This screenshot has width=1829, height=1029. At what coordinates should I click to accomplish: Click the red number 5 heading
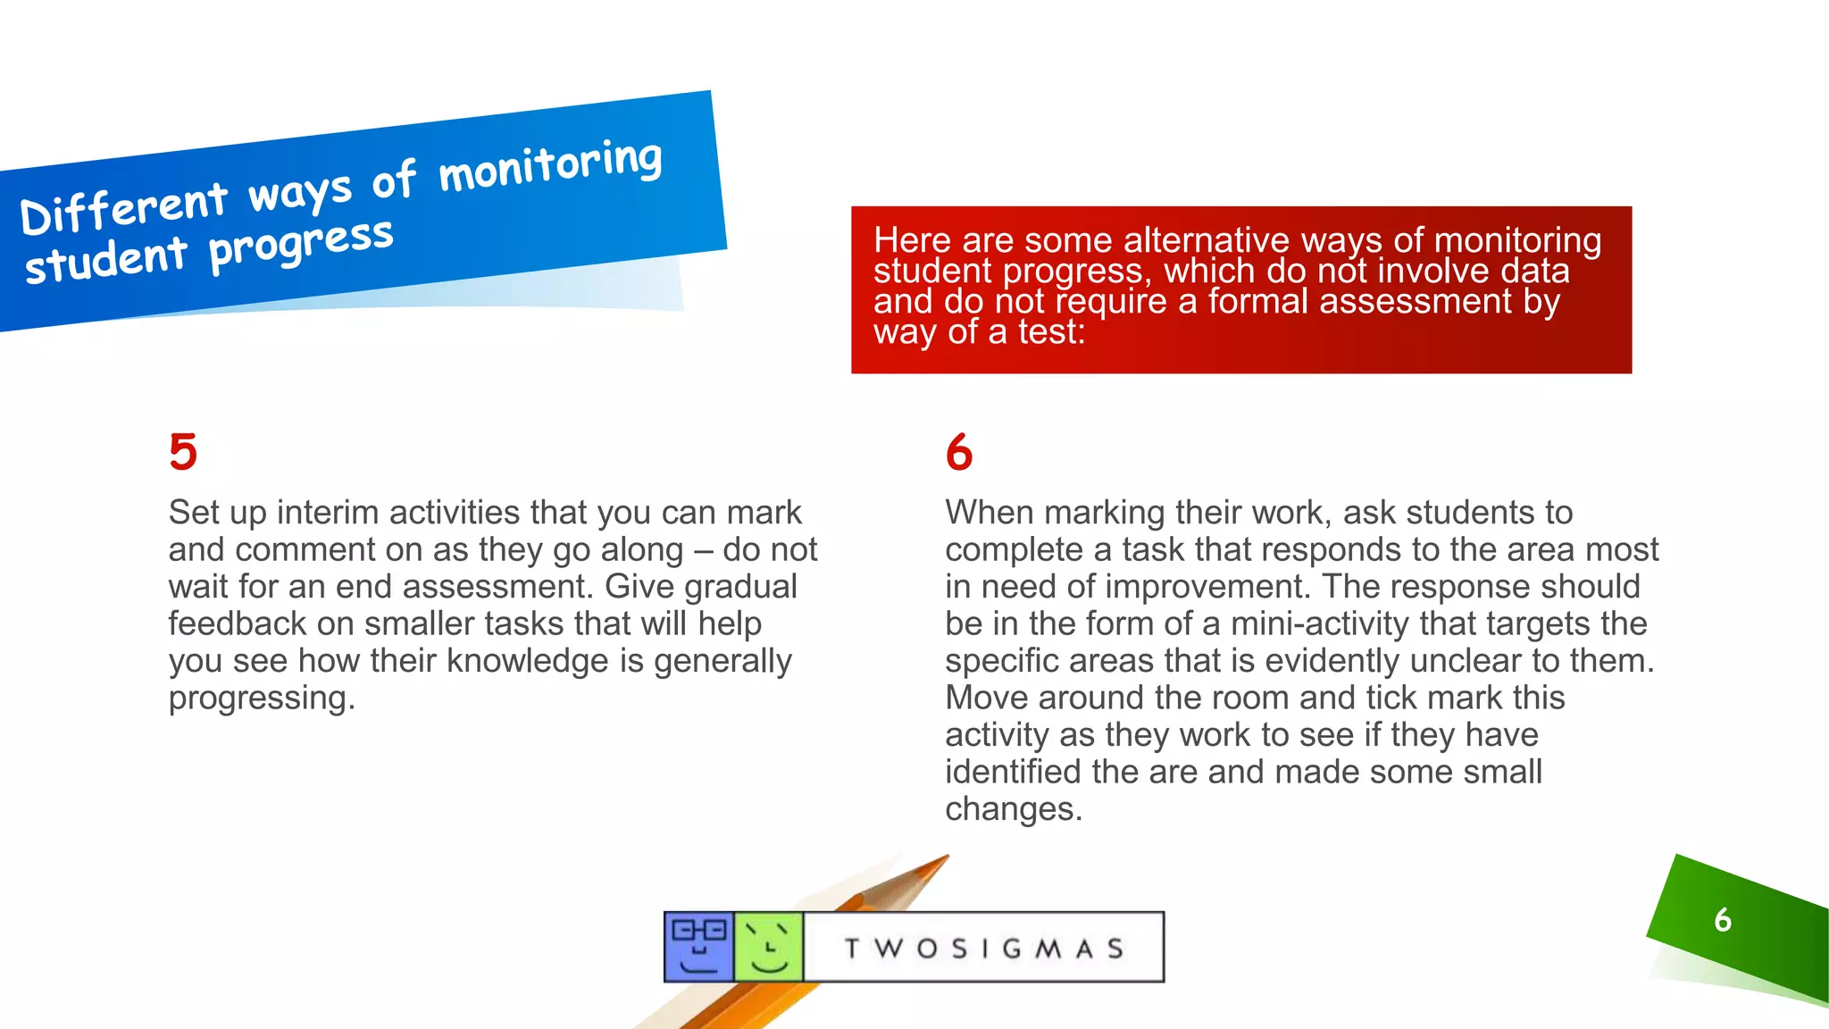(183, 452)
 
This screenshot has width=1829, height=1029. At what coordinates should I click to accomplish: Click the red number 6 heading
(959, 452)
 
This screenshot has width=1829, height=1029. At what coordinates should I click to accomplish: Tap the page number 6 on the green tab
(1723, 920)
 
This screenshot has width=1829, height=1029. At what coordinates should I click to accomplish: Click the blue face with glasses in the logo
(698, 947)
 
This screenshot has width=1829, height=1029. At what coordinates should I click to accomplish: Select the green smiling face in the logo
(768, 947)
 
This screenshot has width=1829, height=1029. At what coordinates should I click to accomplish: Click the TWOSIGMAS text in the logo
(983, 948)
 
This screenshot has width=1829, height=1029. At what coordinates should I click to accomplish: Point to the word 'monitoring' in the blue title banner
(550, 166)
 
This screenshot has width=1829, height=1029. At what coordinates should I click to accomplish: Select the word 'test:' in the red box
(1051, 332)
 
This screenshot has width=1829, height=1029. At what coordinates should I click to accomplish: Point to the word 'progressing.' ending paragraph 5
(262, 698)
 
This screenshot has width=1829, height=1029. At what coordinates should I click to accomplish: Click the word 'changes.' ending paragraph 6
(1014, 808)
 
